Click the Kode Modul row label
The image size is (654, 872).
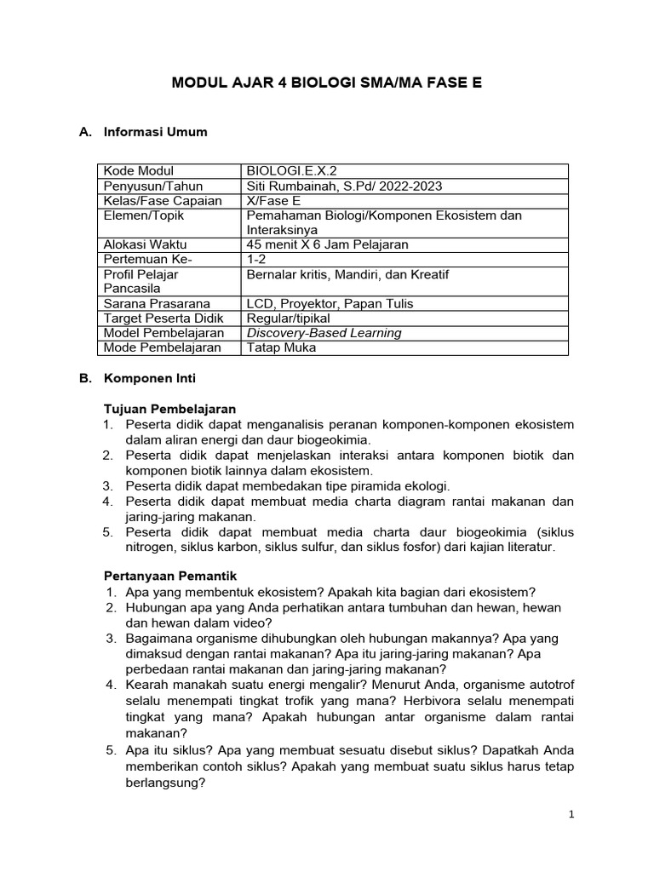[139, 171]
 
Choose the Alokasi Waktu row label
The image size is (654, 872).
[143, 244]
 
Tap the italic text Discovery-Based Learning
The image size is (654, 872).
[324, 333]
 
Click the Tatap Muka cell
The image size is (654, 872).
[281, 347]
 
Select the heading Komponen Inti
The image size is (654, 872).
[149, 377]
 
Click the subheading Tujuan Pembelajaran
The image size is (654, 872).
[169, 409]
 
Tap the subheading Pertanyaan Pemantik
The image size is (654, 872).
[171, 577]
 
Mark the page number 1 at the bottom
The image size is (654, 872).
[571, 815]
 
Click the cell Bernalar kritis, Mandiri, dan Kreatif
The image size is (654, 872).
[347, 274]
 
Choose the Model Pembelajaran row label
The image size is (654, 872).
[163, 333]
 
